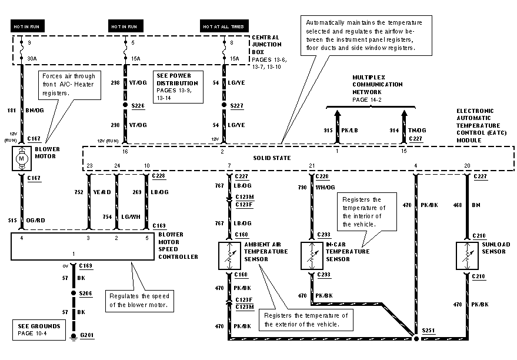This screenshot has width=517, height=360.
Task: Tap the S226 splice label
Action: click(137, 105)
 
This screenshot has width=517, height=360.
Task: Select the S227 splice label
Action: click(236, 105)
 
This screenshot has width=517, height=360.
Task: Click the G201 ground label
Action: click(86, 335)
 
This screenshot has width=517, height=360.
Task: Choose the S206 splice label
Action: click(86, 292)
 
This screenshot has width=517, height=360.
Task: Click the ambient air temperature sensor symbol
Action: click(229, 254)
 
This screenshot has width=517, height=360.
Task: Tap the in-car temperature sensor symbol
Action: click(311, 255)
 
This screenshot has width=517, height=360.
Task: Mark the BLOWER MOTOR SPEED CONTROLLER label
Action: click(178, 245)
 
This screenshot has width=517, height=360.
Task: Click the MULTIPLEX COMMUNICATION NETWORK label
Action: click(378, 85)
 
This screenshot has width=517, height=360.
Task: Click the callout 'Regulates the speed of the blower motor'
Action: click(138, 300)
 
